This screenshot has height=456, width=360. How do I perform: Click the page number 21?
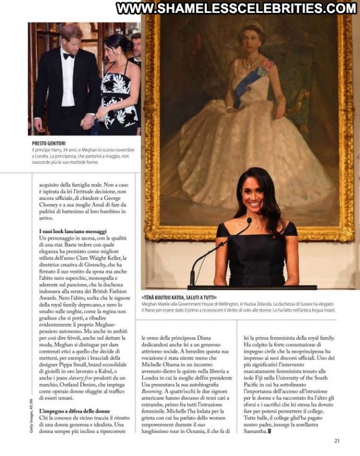337,441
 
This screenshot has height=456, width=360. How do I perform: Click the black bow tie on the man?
69,56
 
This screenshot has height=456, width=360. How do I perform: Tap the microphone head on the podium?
248,221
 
